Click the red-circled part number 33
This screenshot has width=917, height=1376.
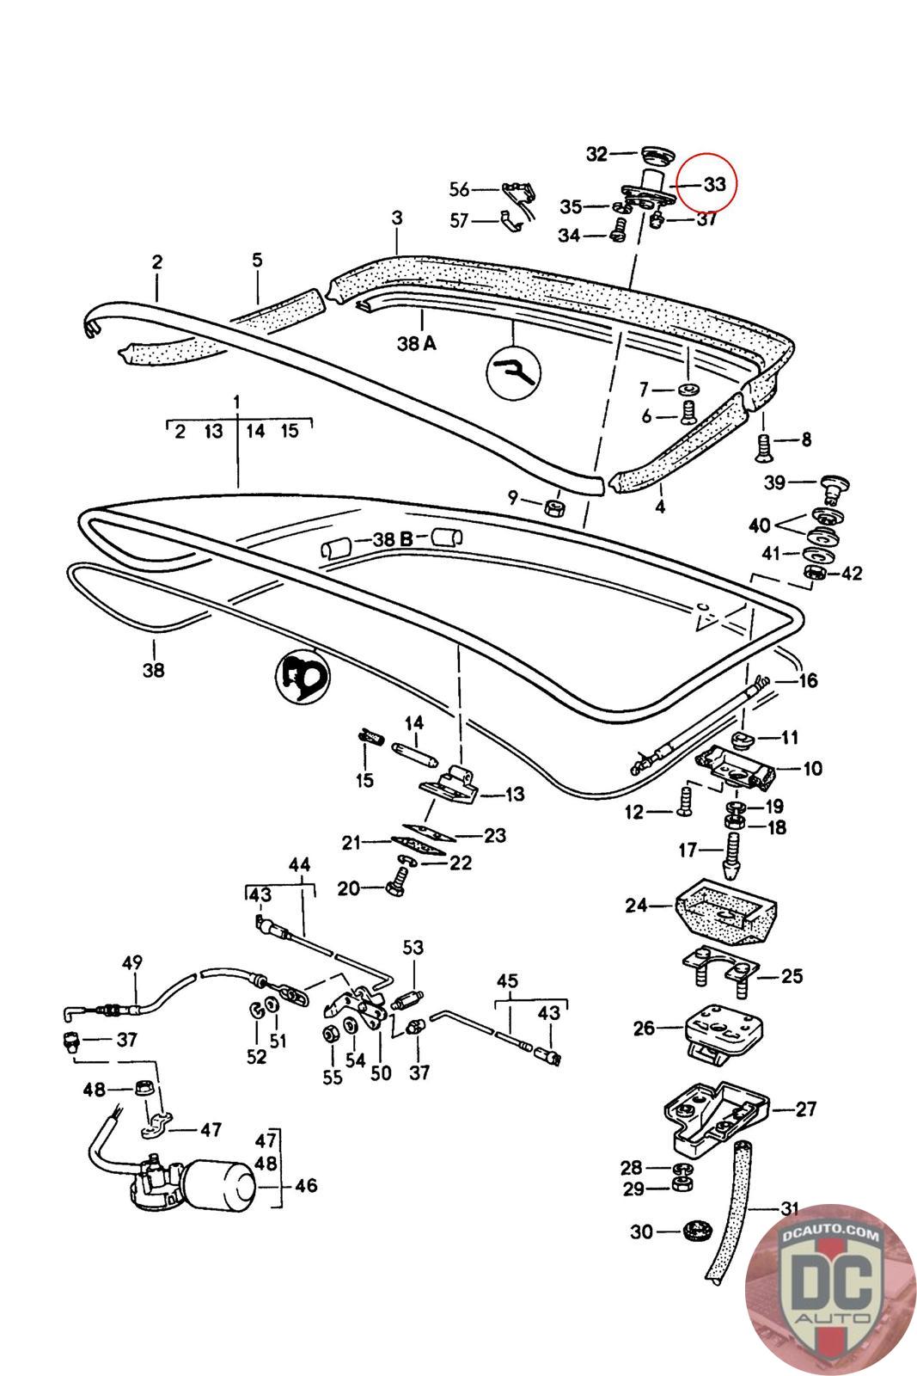[714, 184]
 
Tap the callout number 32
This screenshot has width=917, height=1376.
[596, 154]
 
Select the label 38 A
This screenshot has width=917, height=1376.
[417, 343]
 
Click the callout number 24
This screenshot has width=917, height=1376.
[636, 905]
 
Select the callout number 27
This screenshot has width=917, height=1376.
[806, 1109]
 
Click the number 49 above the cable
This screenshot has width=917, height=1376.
[132, 962]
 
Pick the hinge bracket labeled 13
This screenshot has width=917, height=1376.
[449, 784]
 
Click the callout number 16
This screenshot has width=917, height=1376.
[808, 680]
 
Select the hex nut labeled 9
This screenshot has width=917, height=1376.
[555, 507]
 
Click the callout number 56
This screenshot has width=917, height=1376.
[459, 189]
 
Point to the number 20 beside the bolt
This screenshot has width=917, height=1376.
[348, 888]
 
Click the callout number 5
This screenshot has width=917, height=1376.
[257, 260]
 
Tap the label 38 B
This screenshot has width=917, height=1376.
[393, 539]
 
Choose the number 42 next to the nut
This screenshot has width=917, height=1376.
[852, 573]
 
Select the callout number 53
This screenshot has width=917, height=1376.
[413, 947]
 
